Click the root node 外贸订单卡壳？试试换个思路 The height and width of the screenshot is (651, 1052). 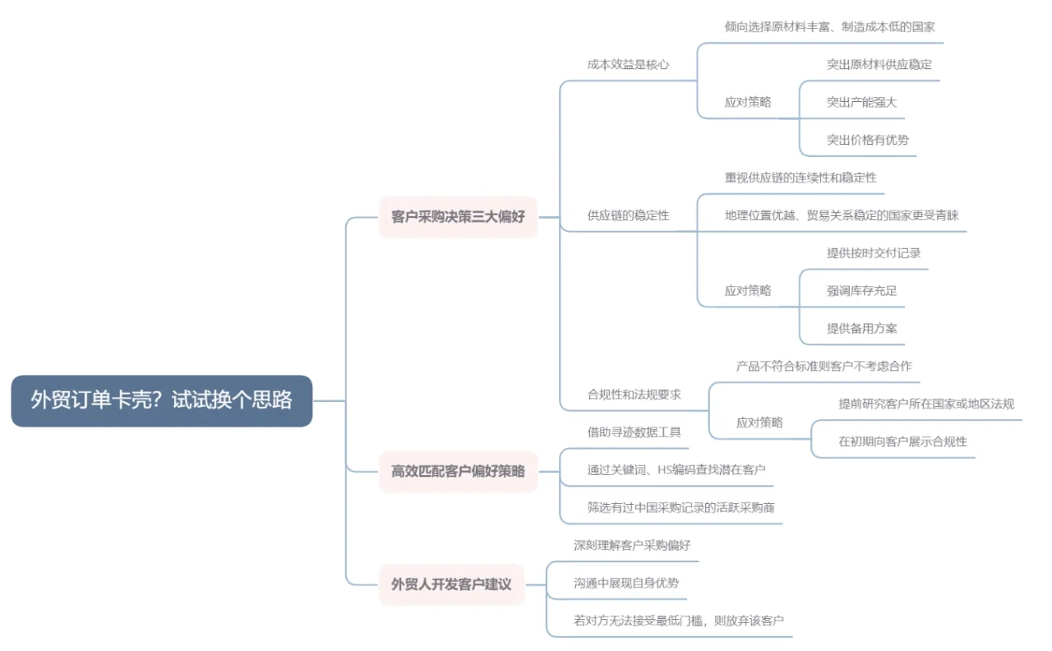[162, 400]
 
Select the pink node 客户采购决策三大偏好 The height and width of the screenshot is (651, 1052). [458, 217]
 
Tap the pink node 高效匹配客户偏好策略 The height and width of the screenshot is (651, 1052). [458, 471]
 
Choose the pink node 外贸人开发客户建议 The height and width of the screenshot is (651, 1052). [451, 584]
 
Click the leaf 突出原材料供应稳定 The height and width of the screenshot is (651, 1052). [879, 64]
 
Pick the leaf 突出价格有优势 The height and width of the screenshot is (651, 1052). [867, 140]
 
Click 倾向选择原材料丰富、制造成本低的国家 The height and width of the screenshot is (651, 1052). [829, 26]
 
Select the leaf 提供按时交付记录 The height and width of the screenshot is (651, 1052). [873, 253]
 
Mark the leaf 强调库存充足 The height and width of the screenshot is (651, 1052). [861, 290]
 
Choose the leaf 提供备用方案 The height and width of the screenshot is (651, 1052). [861, 328]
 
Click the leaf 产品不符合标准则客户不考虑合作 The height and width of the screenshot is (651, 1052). [824, 366]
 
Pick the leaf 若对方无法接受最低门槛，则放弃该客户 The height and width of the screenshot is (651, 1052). [678, 621]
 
